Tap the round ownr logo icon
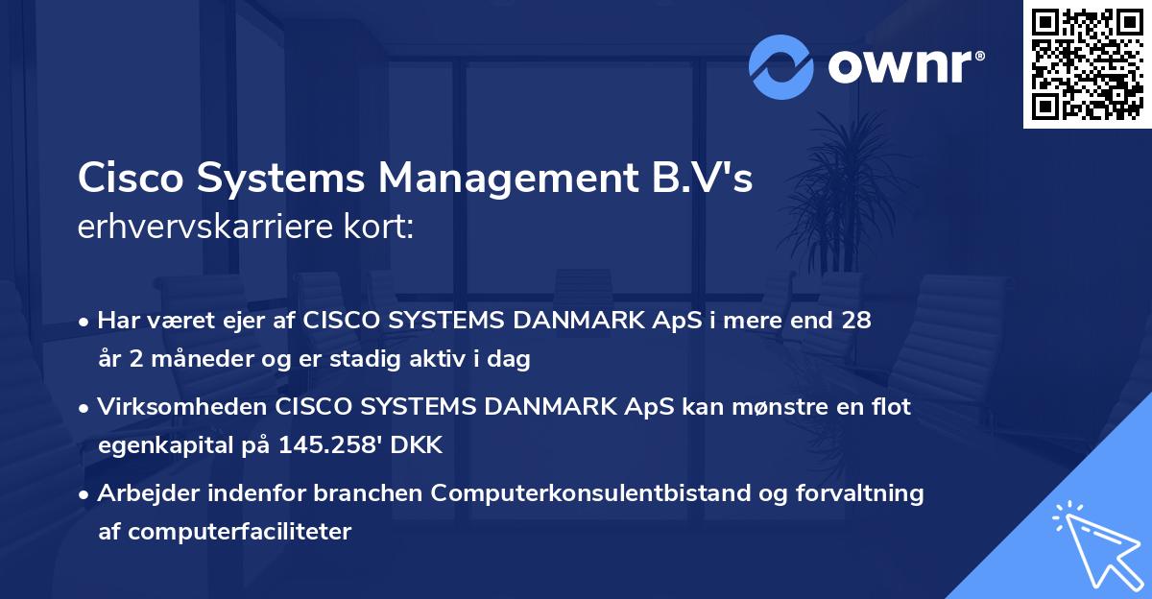pyautogui.click(x=780, y=66)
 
